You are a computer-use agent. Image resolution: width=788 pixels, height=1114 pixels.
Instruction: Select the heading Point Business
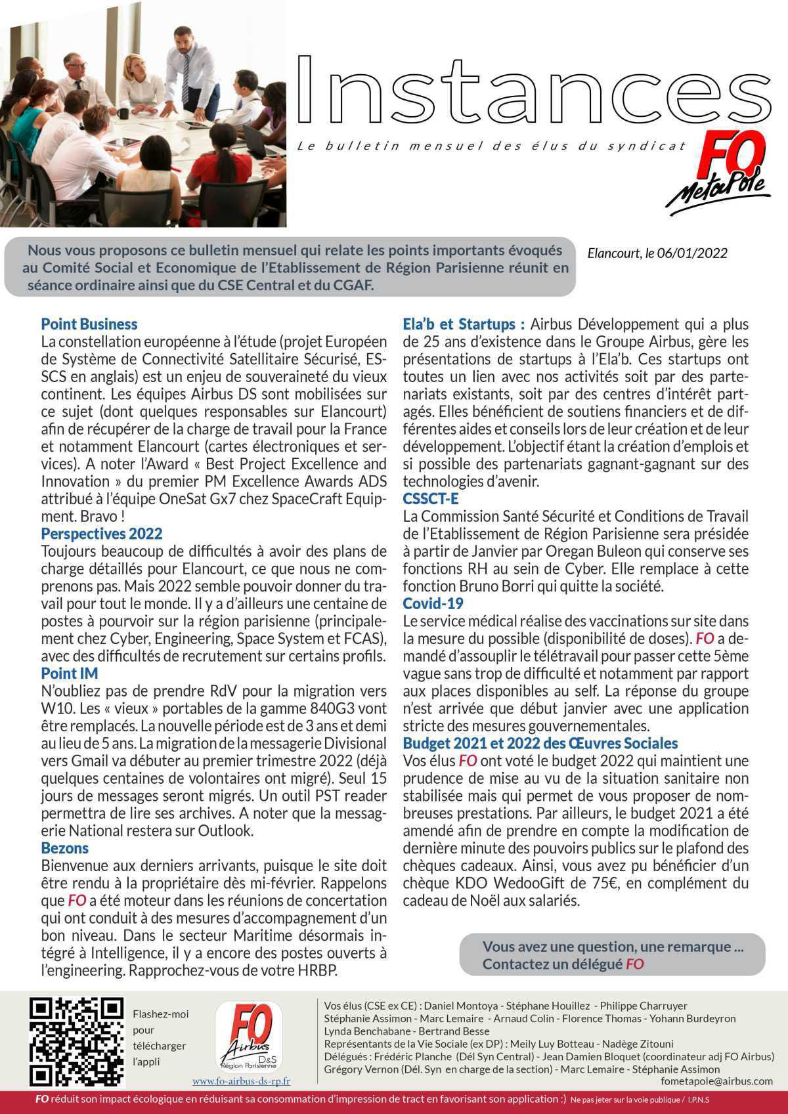pyautogui.click(x=89, y=324)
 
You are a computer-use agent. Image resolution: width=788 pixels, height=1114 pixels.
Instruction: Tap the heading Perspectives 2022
pyautogui.click(x=102, y=533)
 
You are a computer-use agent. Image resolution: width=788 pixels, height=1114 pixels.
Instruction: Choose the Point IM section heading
pyautogui.click(x=70, y=673)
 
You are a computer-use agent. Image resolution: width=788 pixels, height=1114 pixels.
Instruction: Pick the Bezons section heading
pyautogui.click(x=64, y=847)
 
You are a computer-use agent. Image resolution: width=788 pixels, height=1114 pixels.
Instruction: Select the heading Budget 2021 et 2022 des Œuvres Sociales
pyautogui.click(x=540, y=743)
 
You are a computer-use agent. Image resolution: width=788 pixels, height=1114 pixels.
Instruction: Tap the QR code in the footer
pyautogui.click(x=77, y=1041)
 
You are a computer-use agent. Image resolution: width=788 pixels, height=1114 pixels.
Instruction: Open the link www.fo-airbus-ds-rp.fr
pyautogui.click(x=241, y=1081)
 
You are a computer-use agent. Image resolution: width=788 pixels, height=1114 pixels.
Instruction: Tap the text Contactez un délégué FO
pyautogui.click(x=563, y=964)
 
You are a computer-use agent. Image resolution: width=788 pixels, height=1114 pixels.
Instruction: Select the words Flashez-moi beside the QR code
pyautogui.click(x=160, y=1014)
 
